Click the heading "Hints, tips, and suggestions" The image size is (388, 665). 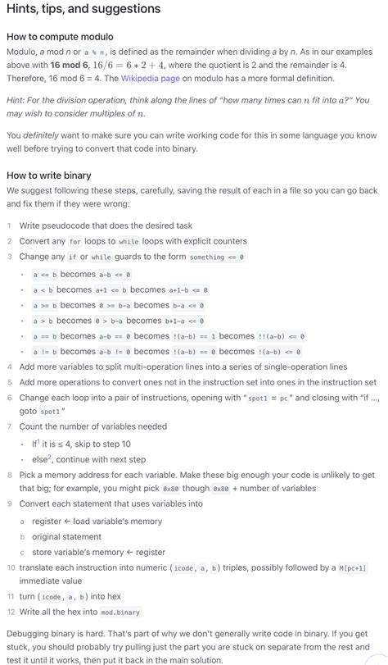pyautogui.click(x=83, y=10)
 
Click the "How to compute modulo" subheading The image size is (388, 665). pyautogui.click(x=60, y=37)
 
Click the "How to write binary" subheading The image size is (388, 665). pyautogui.click(x=48, y=175)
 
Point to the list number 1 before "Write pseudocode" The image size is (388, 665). pyautogui.click(x=9, y=225)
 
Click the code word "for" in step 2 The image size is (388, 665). pyautogui.click(x=75, y=242)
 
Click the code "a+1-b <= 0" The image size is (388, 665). pyautogui.click(x=187, y=289)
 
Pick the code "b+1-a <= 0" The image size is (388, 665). pyautogui.click(x=184, y=321)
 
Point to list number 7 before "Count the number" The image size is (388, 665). pyautogui.click(x=9, y=427)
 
